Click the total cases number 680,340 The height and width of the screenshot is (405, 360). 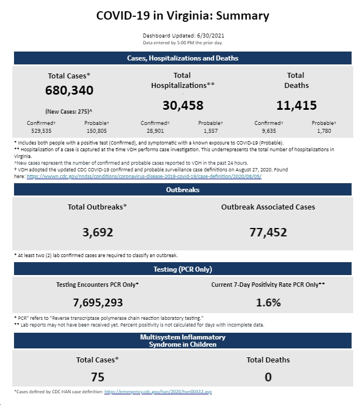70,90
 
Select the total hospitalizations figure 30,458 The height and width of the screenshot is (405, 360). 183,105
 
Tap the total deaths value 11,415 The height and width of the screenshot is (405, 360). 297,105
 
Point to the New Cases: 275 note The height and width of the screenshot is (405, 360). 69,111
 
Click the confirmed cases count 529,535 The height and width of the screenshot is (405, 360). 41,131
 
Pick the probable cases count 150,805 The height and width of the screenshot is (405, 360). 96,131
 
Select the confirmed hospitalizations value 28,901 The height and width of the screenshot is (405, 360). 155,131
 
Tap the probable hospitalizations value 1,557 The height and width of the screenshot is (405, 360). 210,131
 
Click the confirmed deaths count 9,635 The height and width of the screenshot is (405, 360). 269,131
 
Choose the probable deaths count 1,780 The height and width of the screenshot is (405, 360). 324,131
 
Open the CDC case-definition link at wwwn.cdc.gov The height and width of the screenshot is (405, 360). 144,176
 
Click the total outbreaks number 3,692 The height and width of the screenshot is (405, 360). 98,232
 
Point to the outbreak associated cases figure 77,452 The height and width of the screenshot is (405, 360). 268,232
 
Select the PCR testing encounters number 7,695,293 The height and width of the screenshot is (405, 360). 98,302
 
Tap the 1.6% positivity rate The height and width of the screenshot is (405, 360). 268,302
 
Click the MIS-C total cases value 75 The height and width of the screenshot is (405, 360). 98,377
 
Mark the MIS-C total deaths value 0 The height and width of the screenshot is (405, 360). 268,377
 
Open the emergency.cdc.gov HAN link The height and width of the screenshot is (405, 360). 158,392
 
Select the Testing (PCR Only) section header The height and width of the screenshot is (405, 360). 183,269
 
